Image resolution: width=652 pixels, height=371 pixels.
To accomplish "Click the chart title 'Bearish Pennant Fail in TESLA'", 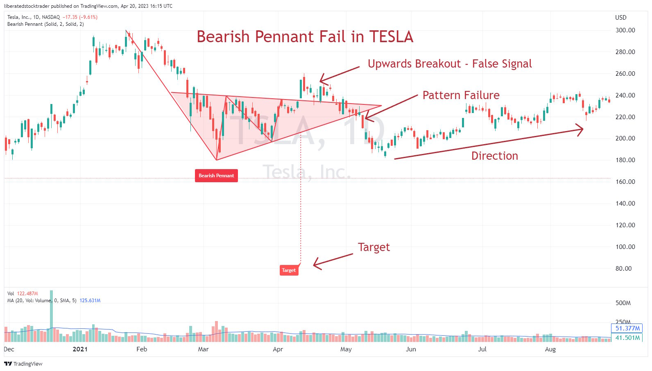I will coord(305,37).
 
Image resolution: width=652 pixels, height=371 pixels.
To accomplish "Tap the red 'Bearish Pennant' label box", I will coord(216,176).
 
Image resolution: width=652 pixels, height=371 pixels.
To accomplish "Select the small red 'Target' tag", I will coord(289,270).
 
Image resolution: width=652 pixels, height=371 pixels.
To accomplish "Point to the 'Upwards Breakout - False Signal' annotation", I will coord(450,64).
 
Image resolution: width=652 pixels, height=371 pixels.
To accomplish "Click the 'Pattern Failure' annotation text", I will coord(461,95).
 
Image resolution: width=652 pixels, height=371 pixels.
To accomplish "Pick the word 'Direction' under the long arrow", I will coord(494,156).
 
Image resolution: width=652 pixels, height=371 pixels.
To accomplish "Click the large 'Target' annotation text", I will coord(374,247).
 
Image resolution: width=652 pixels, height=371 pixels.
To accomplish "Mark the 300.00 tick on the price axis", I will coord(625,30).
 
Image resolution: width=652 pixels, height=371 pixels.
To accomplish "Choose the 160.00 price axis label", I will coord(625,182).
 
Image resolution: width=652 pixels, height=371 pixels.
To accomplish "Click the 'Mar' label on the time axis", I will coord(203,349).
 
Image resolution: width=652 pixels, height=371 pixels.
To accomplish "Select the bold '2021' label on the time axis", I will coord(80,349).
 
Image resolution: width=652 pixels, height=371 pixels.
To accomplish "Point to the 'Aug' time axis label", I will coord(550,349).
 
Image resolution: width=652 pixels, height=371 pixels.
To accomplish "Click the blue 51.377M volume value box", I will coord(627,328).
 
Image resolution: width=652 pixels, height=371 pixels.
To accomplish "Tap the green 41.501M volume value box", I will coord(627,338).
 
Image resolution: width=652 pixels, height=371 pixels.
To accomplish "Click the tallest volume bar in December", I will coord(51,315).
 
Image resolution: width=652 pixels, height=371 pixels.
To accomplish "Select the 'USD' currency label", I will coord(620,18).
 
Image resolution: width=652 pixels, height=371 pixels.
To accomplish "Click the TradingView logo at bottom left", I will coord(23,364).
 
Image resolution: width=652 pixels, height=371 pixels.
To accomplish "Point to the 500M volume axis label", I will coord(623,303).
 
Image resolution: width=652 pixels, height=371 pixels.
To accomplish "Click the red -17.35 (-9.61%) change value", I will coord(80,17).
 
